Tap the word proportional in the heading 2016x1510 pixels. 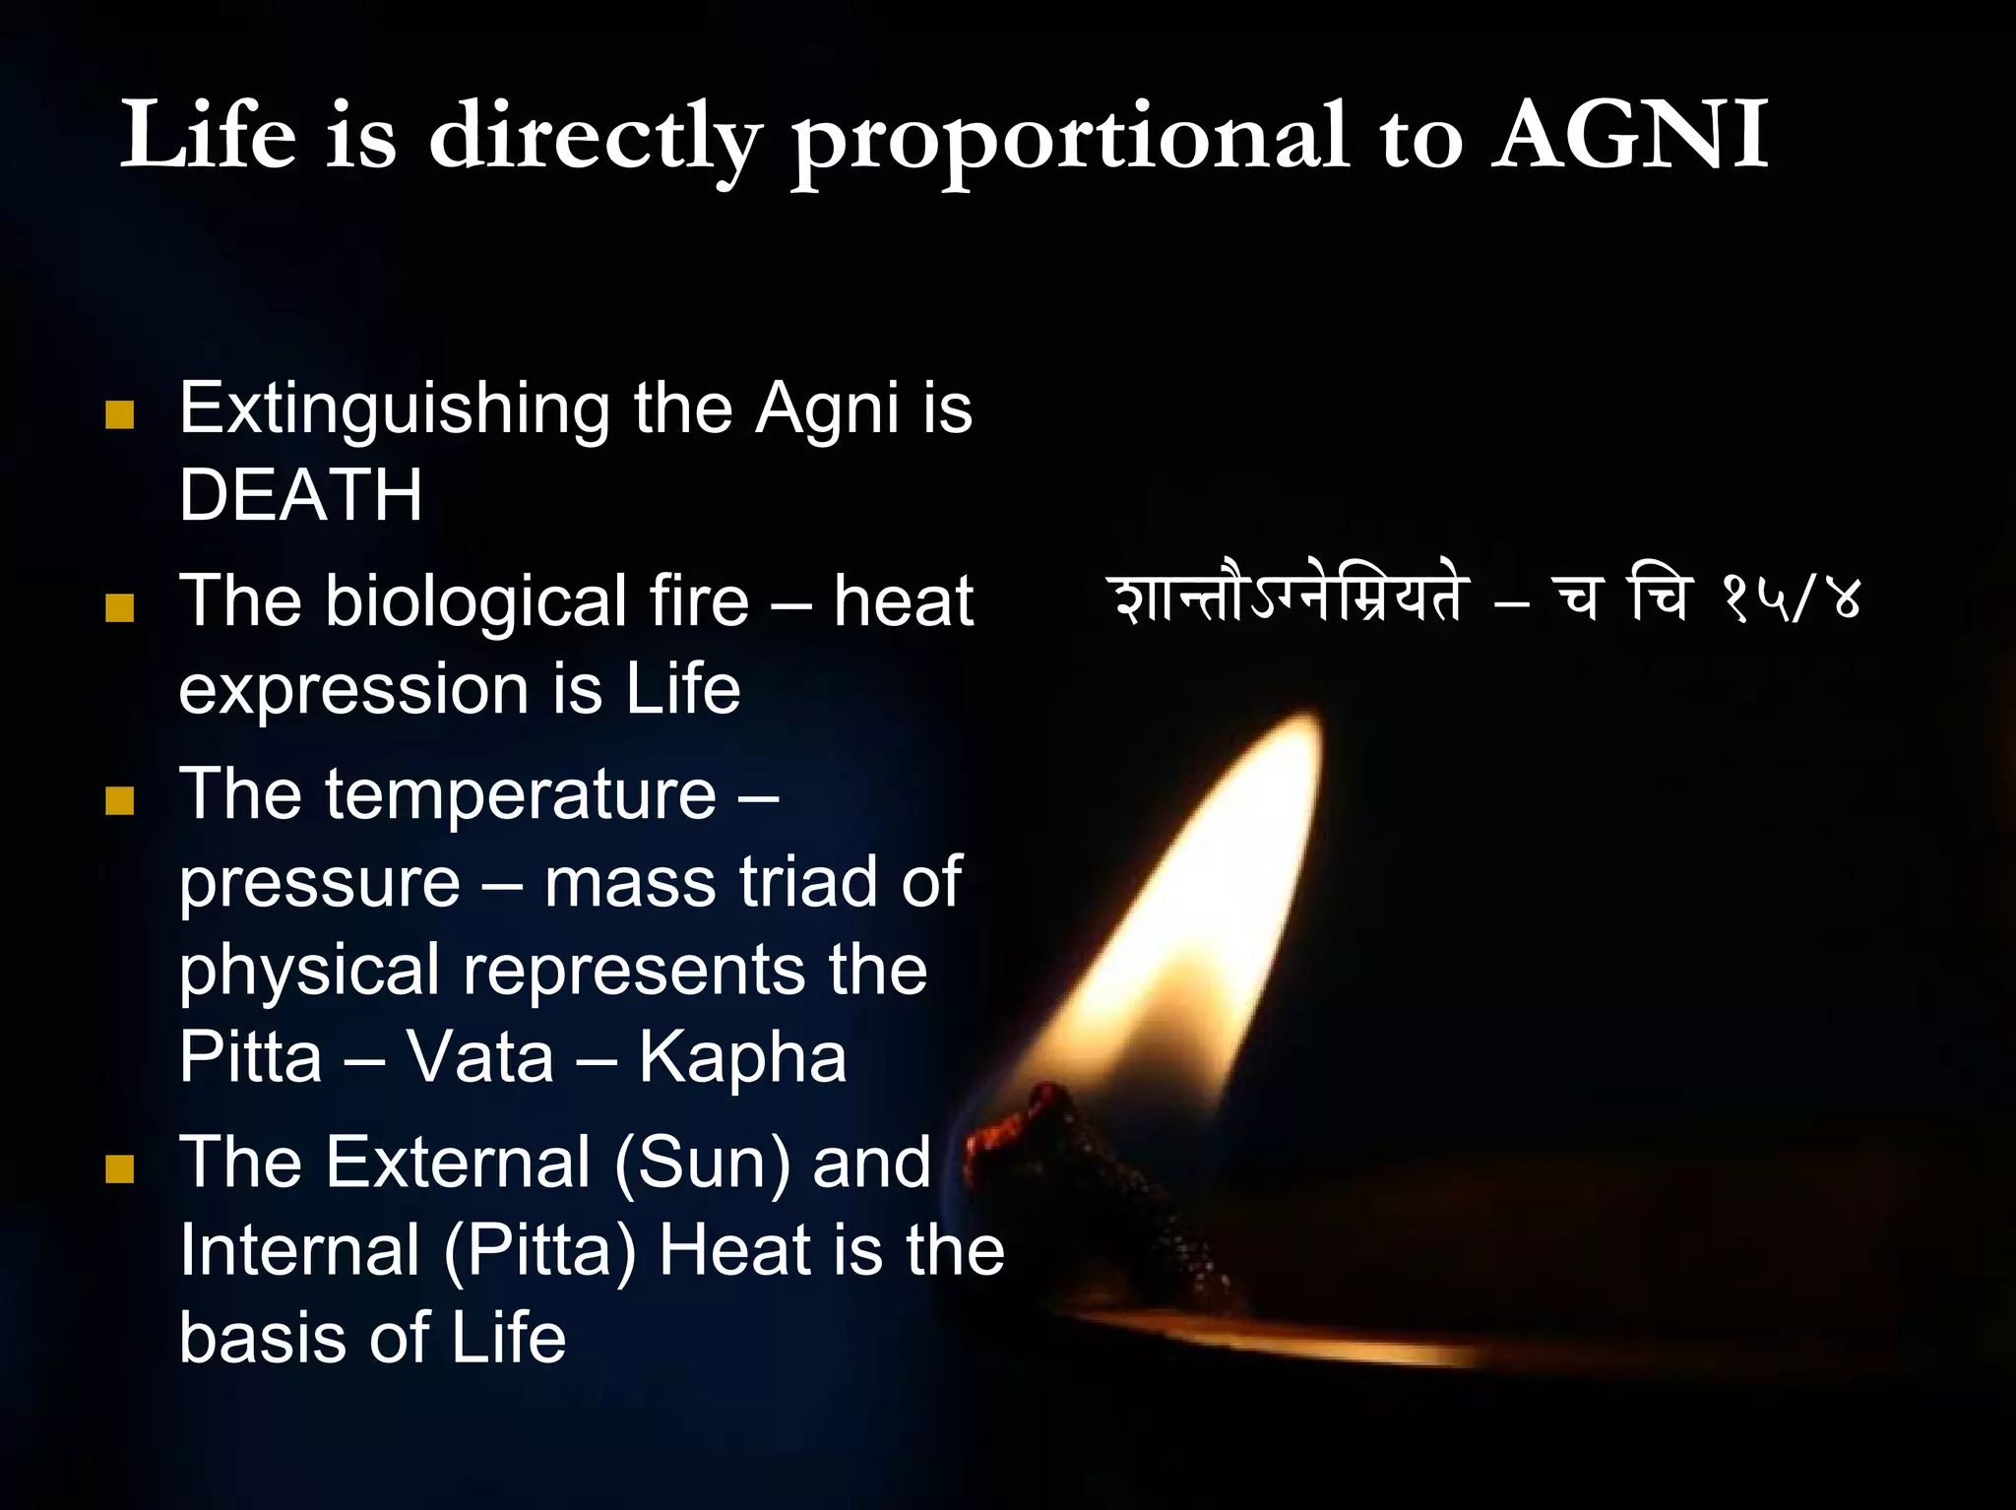(x=1070, y=140)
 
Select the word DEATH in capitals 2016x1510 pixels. (x=300, y=494)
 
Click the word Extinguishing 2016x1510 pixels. (x=394, y=409)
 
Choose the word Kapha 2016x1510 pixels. (x=742, y=1057)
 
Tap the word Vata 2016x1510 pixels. (x=480, y=1057)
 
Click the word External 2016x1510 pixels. (x=458, y=1162)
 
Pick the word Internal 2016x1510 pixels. (x=300, y=1250)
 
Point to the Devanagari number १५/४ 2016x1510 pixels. (x=1791, y=598)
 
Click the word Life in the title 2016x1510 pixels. (x=209, y=136)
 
